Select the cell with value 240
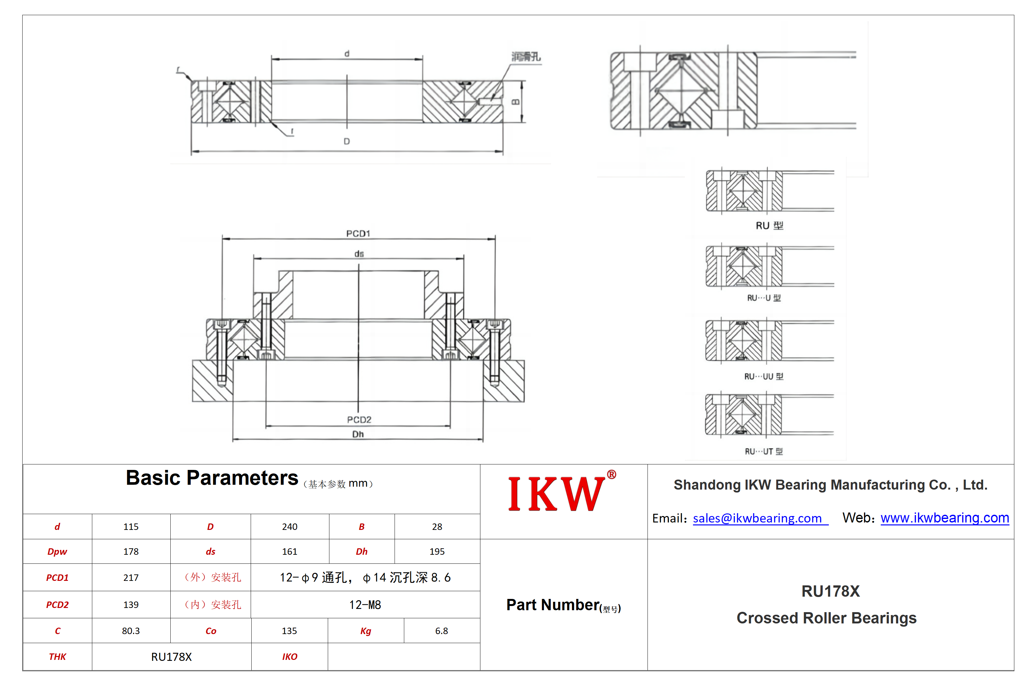pyautogui.click(x=289, y=527)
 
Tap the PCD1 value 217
pyautogui.click(x=131, y=578)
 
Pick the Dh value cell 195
pyautogui.click(x=437, y=552)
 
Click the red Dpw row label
pyautogui.click(x=57, y=552)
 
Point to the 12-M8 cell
pyautogui.click(x=365, y=605)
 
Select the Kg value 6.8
pyautogui.click(x=441, y=631)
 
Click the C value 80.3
pyautogui.click(x=131, y=631)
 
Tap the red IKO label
pyautogui.click(x=289, y=657)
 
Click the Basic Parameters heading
pyautogui.click(x=212, y=478)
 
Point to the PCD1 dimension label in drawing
pyautogui.click(x=358, y=234)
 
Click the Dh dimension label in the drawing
pyautogui.click(x=358, y=434)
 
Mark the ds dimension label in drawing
pyautogui.click(x=359, y=254)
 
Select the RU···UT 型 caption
pyautogui.click(x=764, y=452)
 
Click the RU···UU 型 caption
pyautogui.click(x=764, y=377)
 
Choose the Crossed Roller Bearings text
pyautogui.click(x=827, y=618)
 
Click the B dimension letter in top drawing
pyautogui.click(x=516, y=102)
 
